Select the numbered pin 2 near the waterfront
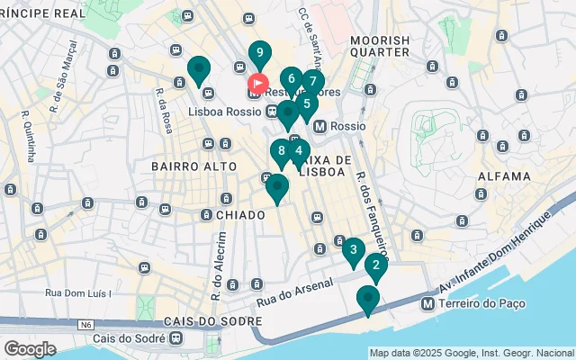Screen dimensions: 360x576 pyautogui.click(x=375, y=265)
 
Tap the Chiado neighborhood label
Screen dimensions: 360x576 pyautogui.click(x=240, y=215)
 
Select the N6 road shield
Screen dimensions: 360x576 pyautogui.click(x=85, y=323)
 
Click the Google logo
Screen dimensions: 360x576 pyautogui.click(x=30, y=348)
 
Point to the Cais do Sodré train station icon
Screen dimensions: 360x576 pyautogui.click(x=175, y=338)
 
